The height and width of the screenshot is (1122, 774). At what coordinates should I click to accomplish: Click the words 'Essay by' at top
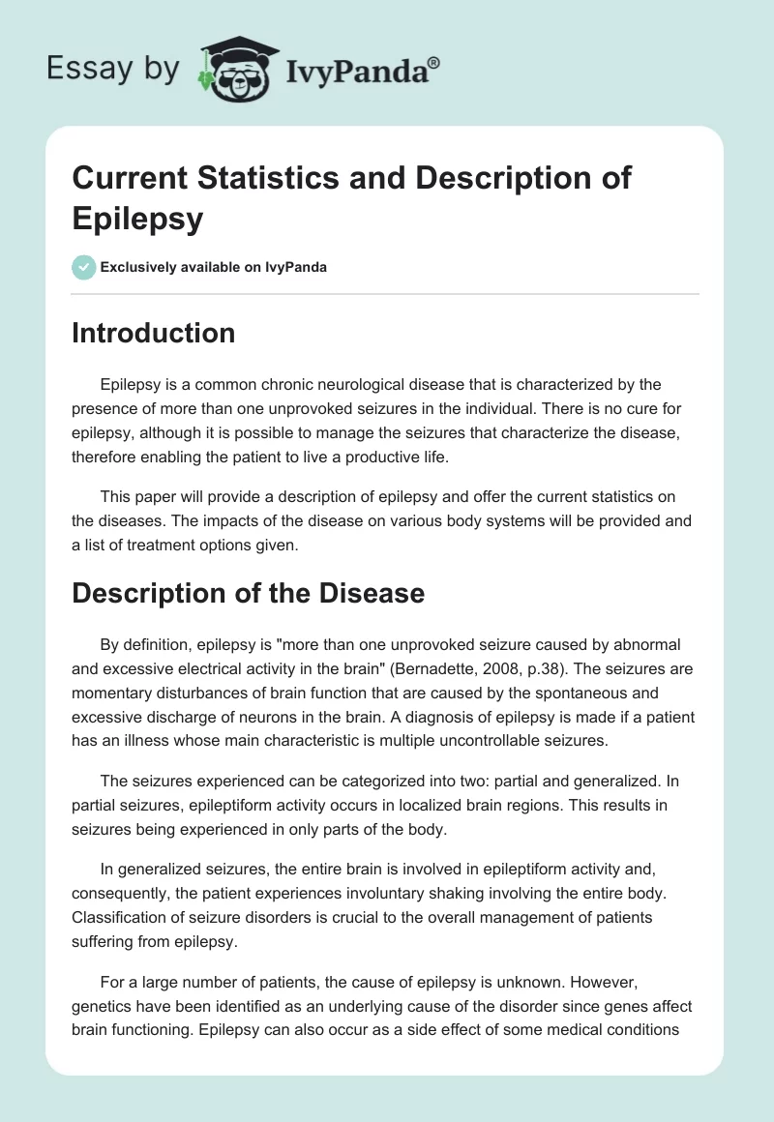click(112, 69)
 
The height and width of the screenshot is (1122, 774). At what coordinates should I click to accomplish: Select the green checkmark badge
click(84, 267)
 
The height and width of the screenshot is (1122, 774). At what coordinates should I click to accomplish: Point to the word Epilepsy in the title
click(138, 218)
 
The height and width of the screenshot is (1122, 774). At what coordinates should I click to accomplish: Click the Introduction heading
click(154, 333)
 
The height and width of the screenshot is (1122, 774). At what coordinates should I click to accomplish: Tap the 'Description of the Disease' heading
click(249, 592)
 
